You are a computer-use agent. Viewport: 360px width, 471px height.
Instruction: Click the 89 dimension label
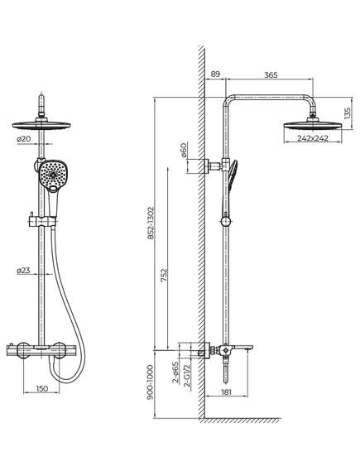(215, 74)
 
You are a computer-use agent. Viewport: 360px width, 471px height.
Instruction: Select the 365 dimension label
(271, 74)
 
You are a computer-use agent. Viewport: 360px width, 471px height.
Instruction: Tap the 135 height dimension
(348, 113)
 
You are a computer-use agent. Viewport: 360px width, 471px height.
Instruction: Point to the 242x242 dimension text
(313, 138)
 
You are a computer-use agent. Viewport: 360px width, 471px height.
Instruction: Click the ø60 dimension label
(184, 150)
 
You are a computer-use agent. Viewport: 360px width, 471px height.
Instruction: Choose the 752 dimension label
(164, 275)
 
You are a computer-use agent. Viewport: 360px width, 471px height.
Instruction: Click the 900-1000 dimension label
(151, 382)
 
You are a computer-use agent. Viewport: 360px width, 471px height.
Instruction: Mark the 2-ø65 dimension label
(175, 372)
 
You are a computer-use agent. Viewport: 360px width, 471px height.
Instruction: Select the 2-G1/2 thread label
(187, 376)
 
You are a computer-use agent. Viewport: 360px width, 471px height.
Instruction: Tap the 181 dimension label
(227, 392)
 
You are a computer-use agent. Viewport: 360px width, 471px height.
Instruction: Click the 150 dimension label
(41, 388)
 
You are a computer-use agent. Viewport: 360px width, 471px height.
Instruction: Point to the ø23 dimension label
(23, 271)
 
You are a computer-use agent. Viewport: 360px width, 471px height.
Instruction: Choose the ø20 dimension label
(24, 139)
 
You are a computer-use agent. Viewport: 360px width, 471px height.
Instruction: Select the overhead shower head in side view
(313, 125)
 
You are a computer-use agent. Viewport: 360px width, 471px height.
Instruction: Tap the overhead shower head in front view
(41, 125)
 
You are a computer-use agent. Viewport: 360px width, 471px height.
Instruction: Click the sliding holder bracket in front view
(43, 223)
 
